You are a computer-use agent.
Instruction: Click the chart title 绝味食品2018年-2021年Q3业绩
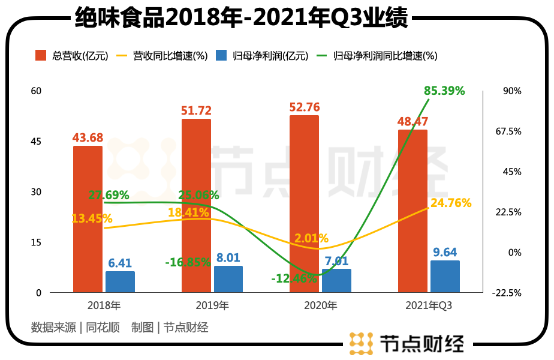[x=242, y=17]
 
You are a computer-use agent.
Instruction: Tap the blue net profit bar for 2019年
[x=228, y=279]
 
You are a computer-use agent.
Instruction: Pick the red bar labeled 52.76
[x=304, y=204]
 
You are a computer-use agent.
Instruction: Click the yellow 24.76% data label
[x=451, y=203]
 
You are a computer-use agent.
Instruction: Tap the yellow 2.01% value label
[x=311, y=238]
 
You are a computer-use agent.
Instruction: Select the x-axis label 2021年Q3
[x=429, y=306]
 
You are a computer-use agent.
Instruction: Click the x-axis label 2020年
[x=320, y=306]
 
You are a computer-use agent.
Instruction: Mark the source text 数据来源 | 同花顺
[x=75, y=328]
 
